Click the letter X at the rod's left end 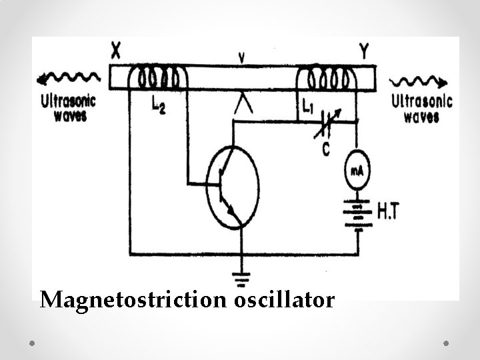[x=116, y=50]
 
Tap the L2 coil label [x=158, y=105]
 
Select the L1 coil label [x=307, y=107]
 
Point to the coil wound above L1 [x=327, y=78]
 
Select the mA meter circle [x=357, y=171]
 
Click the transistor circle [x=231, y=187]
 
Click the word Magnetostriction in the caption [x=134, y=301]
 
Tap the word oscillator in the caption [x=285, y=301]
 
